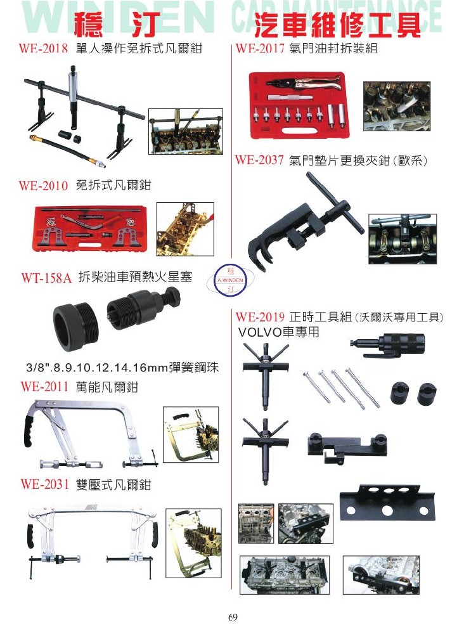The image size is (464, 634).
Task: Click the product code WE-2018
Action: click(43, 49)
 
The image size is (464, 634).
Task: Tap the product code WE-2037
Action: click(259, 160)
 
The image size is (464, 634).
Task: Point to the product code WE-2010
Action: click(43, 185)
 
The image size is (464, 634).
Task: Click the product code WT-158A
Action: click(46, 278)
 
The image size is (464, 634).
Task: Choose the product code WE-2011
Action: click(44, 387)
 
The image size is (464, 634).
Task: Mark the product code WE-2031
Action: click(44, 484)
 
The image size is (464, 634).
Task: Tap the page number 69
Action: click(233, 618)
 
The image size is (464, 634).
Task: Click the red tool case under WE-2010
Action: click(91, 230)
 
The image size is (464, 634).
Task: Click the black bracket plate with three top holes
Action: click(387, 501)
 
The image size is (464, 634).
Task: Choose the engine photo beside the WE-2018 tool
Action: click(186, 131)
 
